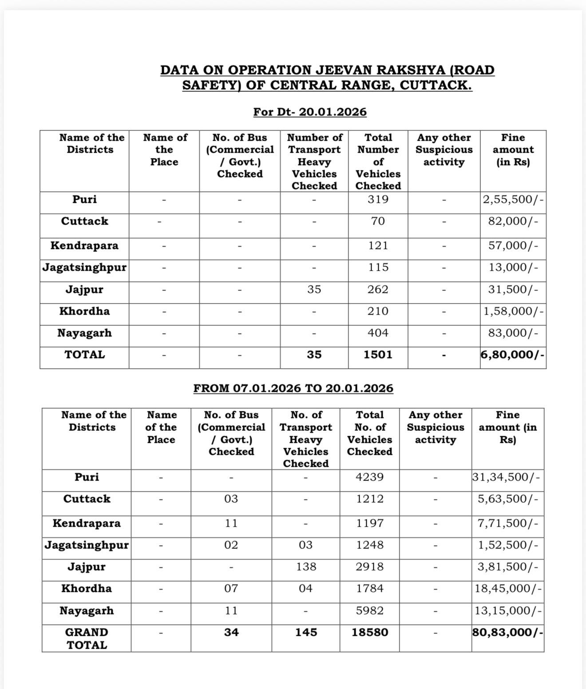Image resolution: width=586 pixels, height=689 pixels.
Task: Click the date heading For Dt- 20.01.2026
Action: coord(310,112)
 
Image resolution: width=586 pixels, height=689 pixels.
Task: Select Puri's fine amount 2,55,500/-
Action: coord(513,200)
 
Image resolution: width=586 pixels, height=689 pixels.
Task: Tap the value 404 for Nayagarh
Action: coord(378,333)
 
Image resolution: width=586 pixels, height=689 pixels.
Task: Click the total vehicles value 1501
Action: coord(378,354)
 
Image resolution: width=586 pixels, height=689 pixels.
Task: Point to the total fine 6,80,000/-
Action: coord(513,354)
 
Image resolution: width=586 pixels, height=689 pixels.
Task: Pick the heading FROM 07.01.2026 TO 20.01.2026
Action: coord(293,388)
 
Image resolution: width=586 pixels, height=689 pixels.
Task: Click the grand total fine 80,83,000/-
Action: coord(507,632)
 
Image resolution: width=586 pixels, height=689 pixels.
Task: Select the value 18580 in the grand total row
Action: coord(370,632)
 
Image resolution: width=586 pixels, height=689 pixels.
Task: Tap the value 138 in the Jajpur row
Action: coord(305,567)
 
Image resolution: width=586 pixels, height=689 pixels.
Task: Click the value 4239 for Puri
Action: coord(370,477)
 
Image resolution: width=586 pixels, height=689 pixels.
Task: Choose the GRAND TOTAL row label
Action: coord(87,638)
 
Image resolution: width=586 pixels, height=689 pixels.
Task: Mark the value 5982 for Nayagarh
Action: coord(370,610)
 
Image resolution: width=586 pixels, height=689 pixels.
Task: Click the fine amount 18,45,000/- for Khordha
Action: coord(507,589)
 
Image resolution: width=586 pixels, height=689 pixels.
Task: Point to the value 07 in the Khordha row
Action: coord(231,589)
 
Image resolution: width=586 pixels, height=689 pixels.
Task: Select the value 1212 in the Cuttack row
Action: coord(370,499)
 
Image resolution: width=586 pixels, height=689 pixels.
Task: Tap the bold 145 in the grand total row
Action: coord(306,632)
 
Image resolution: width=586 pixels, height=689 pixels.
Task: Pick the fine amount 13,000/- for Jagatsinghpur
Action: coord(513,268)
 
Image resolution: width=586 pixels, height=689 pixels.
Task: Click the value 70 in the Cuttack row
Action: coord(378,221)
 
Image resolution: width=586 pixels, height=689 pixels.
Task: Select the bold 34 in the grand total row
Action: coord(231,632)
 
